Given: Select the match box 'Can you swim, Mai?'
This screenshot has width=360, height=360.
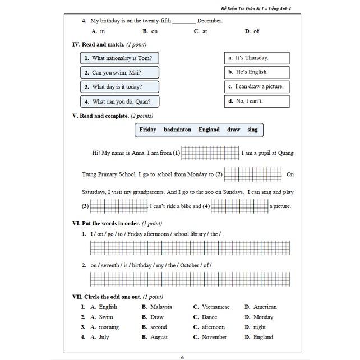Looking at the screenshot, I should click(x=119, y=72).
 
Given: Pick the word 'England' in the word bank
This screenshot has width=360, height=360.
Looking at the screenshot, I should click(x=209, y=130).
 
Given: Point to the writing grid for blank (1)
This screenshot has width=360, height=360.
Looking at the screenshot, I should click(x=210, y=153).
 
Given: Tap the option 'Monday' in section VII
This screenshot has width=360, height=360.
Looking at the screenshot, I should click(x=262, y=317).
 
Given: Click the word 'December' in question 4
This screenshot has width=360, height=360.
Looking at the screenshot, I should click(x=210, y=21).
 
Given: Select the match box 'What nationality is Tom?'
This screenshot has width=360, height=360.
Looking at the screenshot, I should click(x=119, y=58).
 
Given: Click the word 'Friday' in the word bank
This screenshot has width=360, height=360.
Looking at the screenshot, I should click(x=148, y=130).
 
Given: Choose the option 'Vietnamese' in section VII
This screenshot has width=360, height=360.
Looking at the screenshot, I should click(x=215, y=307).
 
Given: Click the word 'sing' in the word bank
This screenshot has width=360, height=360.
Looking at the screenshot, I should click(x=252, y=130).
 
